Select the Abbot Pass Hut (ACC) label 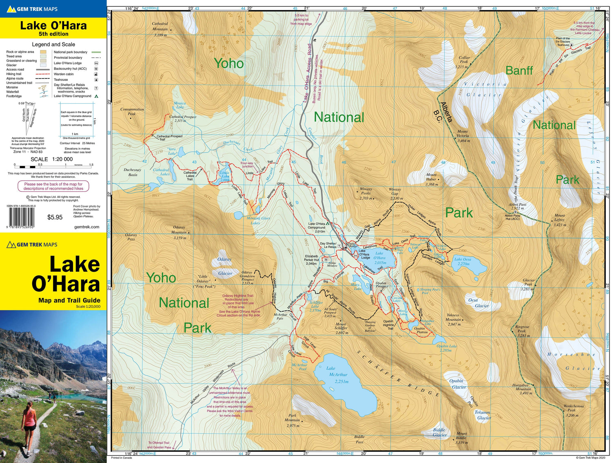(x=512, y=217)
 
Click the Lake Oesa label (x=463, y=261)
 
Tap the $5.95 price (x=55, y=217)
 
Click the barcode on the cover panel (x=21, y=217)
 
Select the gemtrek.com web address (x=86, y=227)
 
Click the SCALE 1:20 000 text (x=51, y=159)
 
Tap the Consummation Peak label (x=132, y=111)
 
